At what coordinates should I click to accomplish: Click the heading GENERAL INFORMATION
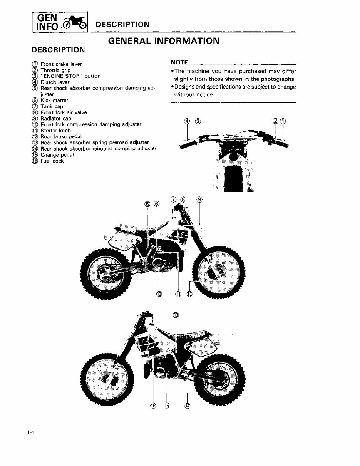[x=164, y=40]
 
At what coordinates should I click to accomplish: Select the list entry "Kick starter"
[x=54, y=101]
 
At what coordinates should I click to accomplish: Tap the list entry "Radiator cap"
[x=55, y=119]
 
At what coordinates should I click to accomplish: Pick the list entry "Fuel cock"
[x=52, y=161]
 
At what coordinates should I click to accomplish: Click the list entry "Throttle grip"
[x=55, y=70]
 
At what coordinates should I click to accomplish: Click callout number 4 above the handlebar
[x=188, y=121]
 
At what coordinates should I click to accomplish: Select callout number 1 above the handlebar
[x=283, y=121]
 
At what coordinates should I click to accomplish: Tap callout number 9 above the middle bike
[x=199, y=199]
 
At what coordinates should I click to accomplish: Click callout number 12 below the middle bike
[x=159, y=294]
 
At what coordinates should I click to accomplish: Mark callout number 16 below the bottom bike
[x=153, y=406]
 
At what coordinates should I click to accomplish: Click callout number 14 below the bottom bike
[x=187, y=406]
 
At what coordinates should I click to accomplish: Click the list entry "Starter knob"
[x=55, y=131]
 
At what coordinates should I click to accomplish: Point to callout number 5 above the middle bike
[x=147, y=203]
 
